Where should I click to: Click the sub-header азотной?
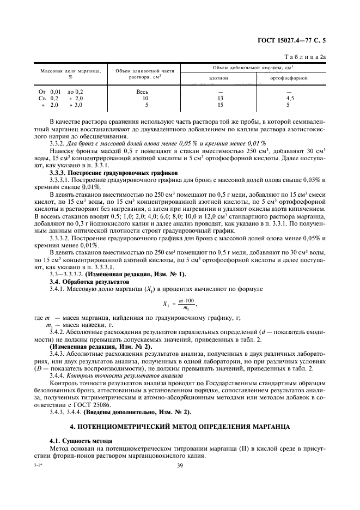[x=218, y=78]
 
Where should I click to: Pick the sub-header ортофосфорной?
[x=289, y=78]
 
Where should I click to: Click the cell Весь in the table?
[x=142, y=92]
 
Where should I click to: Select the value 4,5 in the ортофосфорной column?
[x=290, y=98]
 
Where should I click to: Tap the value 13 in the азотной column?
[x=219, y=98]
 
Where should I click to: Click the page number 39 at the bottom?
[x=180, y=464]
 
